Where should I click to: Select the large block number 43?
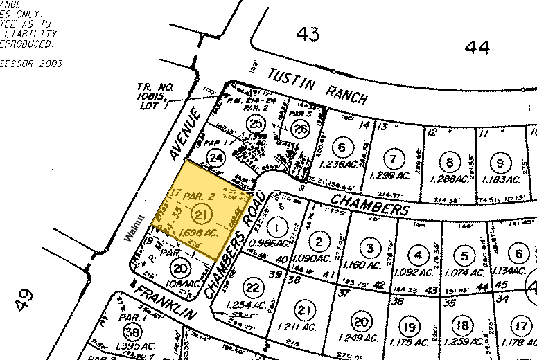click(x=310, y=33)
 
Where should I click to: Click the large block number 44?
click(x=477, y=47)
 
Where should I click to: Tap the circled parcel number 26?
click(x=300, y=128)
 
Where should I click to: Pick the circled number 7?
click(x=393, y=159)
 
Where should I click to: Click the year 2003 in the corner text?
click(x=50, y=64)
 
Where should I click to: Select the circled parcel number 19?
click(x=410, y=326)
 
